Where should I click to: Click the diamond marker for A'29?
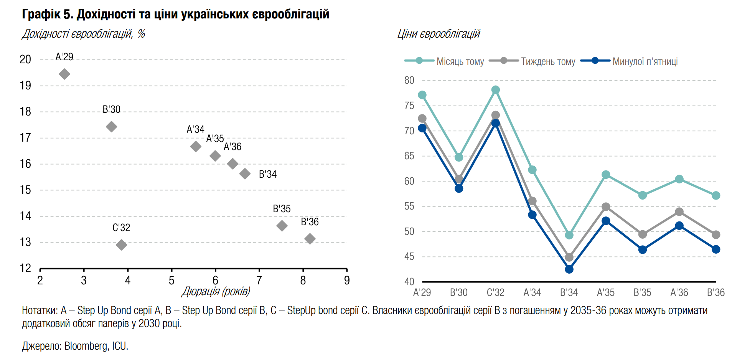click(64, 74)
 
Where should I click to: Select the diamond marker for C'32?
click(121, 245)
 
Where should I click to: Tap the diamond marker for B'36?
click(310, 239)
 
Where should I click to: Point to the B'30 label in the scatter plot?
click(112, 109)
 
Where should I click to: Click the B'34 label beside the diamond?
click(268, 174)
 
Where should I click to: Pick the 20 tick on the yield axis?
click(25, 59)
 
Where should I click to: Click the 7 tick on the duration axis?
click(259, 281)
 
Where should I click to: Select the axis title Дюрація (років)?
click(216, 291)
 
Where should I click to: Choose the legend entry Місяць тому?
click(460, 61)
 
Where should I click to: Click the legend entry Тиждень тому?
click(548, 61)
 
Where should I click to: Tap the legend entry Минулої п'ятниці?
click(645, 61)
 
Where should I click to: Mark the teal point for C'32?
click(496, 90)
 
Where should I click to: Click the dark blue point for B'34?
click(569, 269)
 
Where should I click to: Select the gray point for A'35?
click(606, 207)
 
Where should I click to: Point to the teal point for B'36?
click(716, 195)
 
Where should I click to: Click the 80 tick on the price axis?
click(409, 81)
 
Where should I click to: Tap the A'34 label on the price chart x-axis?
click(532, 292)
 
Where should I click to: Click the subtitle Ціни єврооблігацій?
click(438, 34)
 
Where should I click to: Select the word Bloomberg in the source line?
click(87, 346)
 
